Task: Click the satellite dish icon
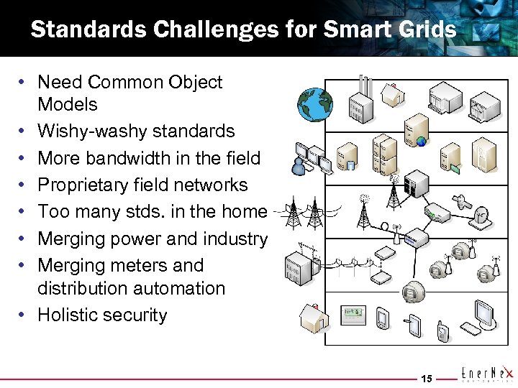pyautogui.click(x=483, y=213)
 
